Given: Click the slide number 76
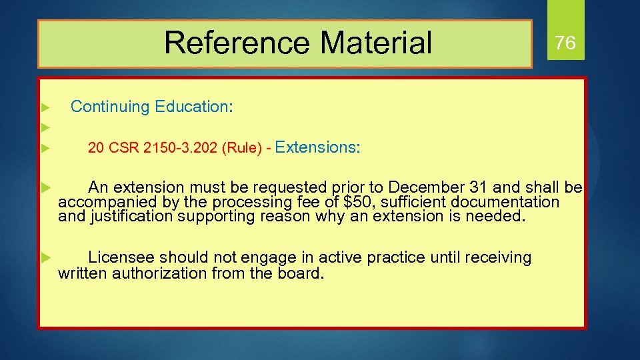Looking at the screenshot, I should tap(565, 43).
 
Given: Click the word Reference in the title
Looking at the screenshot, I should tap(236, 43).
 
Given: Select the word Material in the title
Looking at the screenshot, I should tap(376, 43).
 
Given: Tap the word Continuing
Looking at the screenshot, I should tap(110, 107).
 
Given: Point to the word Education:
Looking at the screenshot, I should tap(194, 107).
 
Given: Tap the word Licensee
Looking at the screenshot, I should tap(121, 257).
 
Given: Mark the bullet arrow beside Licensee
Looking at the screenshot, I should tap(45, 257).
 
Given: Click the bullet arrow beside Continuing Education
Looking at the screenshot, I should tap(45, 107).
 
